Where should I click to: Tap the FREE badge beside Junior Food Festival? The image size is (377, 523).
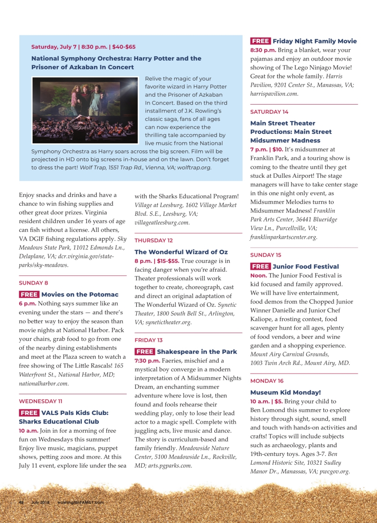(260, 266)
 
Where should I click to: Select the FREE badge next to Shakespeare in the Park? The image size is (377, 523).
(145, 352)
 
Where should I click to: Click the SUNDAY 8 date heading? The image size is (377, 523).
(34, 283)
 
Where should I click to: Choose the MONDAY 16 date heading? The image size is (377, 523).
(266, 380)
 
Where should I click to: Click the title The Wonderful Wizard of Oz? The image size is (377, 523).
(181, 252)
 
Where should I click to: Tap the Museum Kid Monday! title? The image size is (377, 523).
(285, 392)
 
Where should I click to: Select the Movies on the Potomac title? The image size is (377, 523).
(80, 295)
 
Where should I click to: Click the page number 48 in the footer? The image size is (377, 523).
(21, 502)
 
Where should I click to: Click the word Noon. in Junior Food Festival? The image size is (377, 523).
(259, 275)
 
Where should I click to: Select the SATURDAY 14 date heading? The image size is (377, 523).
(269, 112)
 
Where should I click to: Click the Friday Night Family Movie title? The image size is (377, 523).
(314, 41)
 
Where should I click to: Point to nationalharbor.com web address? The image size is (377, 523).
(44, 384)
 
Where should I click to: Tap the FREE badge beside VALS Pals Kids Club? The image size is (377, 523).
(29, 413)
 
